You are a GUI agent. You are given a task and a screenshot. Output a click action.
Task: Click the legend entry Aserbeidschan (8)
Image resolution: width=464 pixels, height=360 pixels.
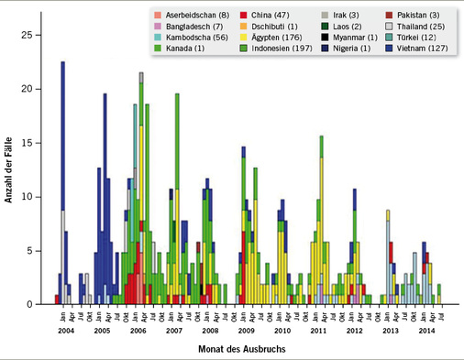[x=194, y=16]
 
